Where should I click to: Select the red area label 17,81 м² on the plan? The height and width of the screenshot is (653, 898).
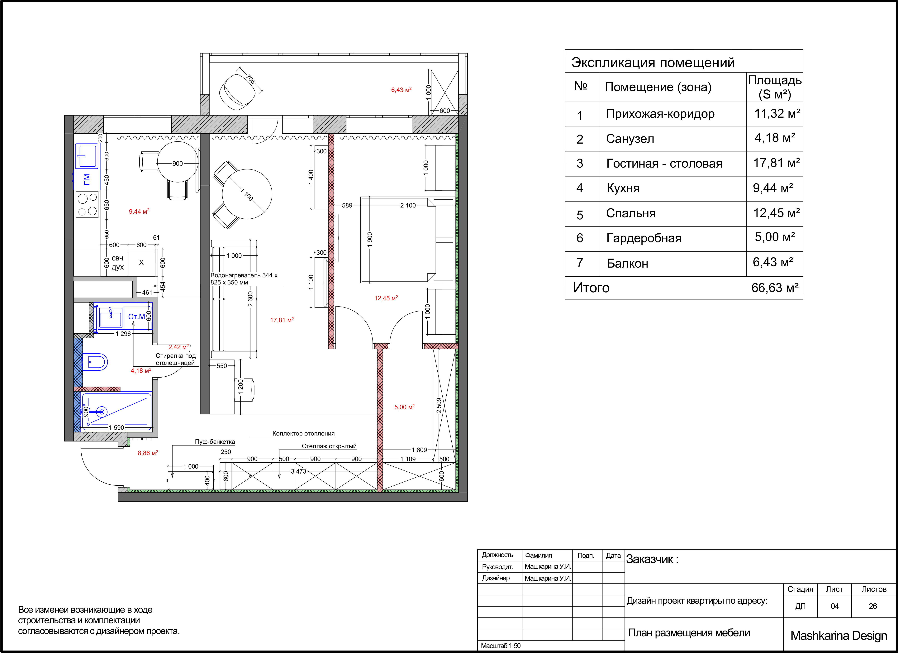282,320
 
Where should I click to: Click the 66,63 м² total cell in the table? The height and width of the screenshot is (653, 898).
775,288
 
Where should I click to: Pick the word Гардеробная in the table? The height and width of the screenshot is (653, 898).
644,238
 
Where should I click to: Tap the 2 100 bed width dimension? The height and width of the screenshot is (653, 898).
408,205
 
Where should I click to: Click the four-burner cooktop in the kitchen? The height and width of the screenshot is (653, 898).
87,204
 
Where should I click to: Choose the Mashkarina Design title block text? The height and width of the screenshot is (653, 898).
839,636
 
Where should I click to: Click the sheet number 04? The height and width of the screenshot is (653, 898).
835,606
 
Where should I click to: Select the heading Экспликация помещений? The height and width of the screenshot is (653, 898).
653,63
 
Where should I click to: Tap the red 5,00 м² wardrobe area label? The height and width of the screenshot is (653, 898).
404,407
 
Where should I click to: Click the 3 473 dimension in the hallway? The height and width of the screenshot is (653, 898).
299,471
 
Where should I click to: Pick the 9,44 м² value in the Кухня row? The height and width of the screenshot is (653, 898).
773,188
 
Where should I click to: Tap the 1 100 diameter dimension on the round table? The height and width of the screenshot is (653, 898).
247,194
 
